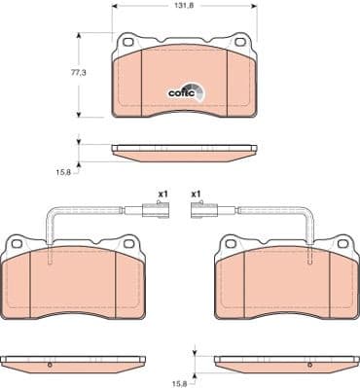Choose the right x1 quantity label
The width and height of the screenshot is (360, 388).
[196, 194]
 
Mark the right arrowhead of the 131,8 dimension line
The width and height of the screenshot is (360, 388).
[255, 6]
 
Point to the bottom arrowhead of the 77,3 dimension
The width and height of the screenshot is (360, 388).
[78, 115]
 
